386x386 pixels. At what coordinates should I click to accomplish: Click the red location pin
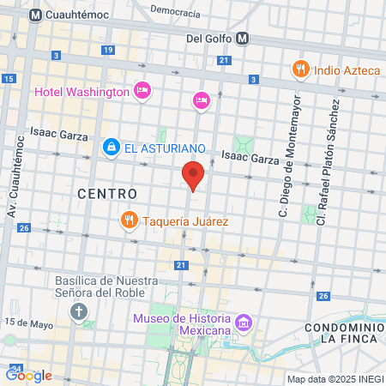point(193,175)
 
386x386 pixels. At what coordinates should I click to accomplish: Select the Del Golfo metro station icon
point(243,38)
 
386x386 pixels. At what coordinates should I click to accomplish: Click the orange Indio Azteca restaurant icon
point(300,69)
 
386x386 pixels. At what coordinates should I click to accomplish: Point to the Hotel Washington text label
point(81,90)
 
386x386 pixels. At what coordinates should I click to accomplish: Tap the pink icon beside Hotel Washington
point(142,90)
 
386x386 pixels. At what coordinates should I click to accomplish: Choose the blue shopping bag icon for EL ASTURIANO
point(111,148)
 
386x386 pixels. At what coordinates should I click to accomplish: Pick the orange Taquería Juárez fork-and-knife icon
point(129,220)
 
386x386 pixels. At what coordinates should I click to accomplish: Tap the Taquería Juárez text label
point(185,220)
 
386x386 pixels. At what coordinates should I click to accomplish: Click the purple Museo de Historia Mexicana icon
point(244,323)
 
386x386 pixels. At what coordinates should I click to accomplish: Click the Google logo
point(29,375)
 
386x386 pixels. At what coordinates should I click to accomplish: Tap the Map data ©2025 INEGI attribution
point(335,379)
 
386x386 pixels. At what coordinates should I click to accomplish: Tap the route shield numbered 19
point(108,51)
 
